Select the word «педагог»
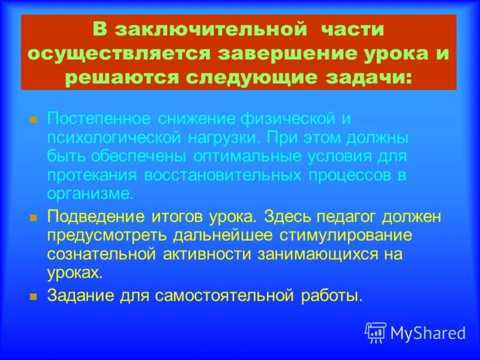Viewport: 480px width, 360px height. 337,216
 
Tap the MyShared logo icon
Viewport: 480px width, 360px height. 376,332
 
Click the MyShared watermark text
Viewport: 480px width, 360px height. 428,333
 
